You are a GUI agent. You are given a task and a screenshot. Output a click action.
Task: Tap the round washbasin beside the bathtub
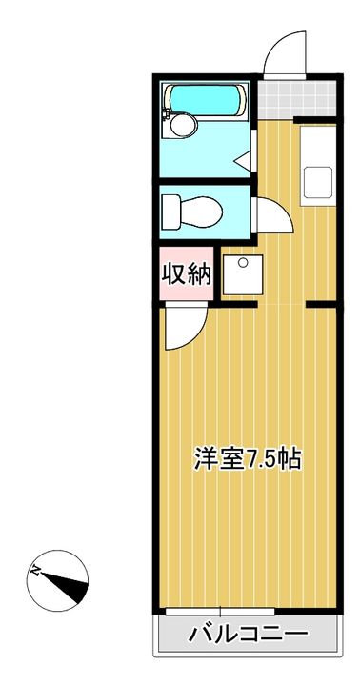pos(183,125)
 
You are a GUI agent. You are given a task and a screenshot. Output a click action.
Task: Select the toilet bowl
pos(200,212)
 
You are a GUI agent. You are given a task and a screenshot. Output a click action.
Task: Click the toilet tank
pos(171,212)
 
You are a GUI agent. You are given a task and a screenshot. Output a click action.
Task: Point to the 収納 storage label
pos(187,274)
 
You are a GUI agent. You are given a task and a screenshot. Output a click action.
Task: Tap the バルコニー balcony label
pos(249,633)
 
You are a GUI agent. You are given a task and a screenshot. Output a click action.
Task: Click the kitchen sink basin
pos(318,182)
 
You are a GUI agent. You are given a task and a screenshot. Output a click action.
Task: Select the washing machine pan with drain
pos(242,274)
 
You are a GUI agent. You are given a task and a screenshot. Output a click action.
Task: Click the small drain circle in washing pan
pos(243,262)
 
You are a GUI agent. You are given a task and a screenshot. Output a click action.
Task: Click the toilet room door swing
pos(274,215)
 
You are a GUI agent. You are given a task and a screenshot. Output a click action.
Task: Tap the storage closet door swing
pos(186,328)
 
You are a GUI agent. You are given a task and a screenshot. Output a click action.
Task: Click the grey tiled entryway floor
pos(296,99)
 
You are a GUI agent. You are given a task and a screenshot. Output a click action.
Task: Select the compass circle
pos(57,580)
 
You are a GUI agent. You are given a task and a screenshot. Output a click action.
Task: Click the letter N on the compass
pos(35,571)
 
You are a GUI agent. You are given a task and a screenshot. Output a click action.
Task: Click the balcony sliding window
pos(220,611)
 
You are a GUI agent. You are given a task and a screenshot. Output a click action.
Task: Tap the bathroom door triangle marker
pos(243,160)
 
